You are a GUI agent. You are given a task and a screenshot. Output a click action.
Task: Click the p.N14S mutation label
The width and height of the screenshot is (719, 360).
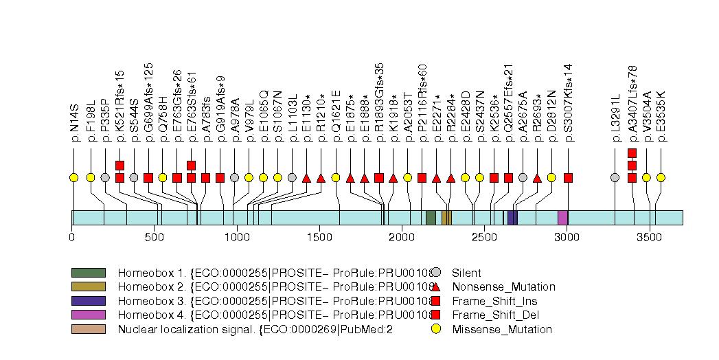74,124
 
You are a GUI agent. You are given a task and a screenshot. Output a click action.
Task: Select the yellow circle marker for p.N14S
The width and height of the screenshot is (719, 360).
74,178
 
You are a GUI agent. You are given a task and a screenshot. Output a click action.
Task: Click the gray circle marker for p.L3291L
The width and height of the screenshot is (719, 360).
615,178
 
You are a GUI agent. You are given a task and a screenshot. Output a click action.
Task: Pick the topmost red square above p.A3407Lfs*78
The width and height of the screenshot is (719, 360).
632,153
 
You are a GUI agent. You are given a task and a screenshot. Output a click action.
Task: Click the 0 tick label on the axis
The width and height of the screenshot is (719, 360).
72,237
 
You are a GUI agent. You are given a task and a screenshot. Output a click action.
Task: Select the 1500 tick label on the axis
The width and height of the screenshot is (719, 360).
319,237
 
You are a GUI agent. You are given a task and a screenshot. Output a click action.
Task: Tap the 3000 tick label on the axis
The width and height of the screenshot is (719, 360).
567,237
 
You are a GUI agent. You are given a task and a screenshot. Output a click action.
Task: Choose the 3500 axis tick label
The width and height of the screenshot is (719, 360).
649,237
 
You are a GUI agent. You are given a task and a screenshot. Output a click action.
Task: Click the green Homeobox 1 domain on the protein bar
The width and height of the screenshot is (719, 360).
431,218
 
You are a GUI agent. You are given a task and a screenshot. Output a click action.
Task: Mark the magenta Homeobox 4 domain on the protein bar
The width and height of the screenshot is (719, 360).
562,218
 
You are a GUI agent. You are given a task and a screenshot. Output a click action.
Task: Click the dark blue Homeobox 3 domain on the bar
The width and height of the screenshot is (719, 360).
512,218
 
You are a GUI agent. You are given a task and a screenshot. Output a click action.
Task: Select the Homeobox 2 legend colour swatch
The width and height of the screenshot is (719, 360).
89,286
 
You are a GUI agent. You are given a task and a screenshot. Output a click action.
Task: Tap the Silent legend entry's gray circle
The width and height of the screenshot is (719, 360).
435,272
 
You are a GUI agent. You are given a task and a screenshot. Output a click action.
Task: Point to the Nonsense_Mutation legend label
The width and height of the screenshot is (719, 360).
503,286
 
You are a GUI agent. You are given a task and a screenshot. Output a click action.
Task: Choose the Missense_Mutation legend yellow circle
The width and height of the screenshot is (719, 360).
435,329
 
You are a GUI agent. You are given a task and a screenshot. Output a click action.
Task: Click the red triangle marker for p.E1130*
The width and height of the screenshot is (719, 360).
306,178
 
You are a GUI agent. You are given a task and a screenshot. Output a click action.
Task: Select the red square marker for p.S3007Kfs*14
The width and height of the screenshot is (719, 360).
568,178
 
